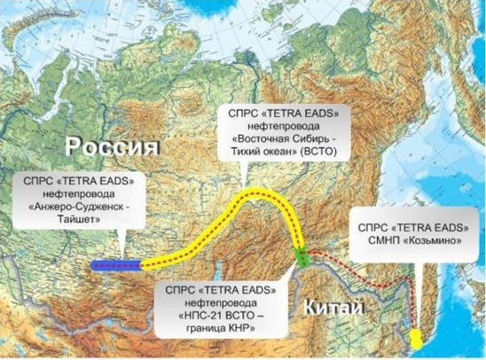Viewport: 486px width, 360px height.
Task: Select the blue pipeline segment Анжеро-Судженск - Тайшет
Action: pos(115,264)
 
